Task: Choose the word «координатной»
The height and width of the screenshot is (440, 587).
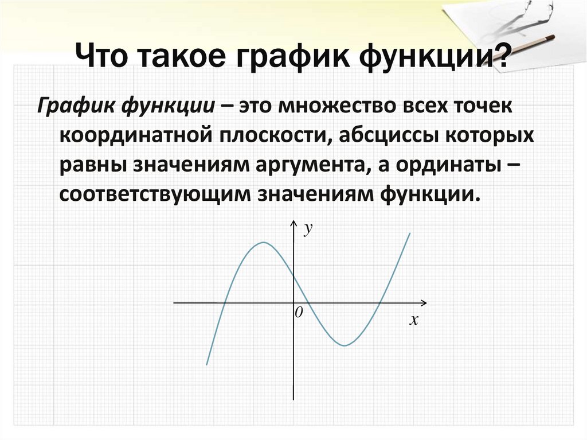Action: pos(133,137)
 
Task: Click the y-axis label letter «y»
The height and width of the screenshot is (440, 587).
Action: pos(308,229)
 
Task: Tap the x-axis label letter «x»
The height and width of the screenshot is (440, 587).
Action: pos(413,321)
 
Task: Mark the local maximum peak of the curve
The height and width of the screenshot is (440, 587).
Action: pos(263,242)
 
